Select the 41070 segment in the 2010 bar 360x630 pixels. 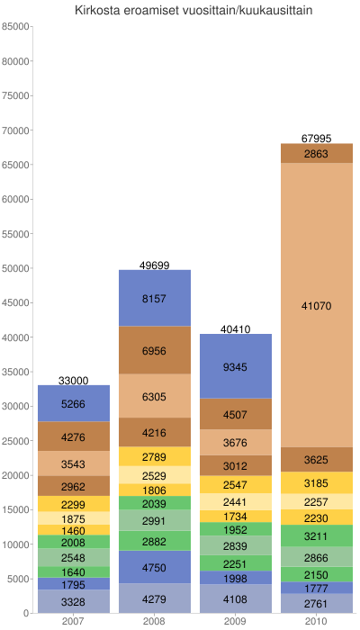(317, 306)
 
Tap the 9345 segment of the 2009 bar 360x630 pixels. (235, 366)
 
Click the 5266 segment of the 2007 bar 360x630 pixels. (74, 404)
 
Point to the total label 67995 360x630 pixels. (317, 139)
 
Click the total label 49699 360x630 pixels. (154, 265)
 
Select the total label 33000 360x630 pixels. (74, 381)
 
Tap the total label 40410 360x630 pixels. (235, 329)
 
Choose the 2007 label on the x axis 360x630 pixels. (74, 622)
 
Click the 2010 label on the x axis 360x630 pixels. (317, 622)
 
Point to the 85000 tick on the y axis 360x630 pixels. (16, 26)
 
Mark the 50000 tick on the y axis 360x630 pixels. (16, 268)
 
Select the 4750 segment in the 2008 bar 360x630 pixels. (154, 567)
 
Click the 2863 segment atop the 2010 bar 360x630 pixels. (317, 154)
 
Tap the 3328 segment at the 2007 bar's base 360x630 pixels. (74, 601)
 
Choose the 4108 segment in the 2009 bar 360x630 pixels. (235, 598)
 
